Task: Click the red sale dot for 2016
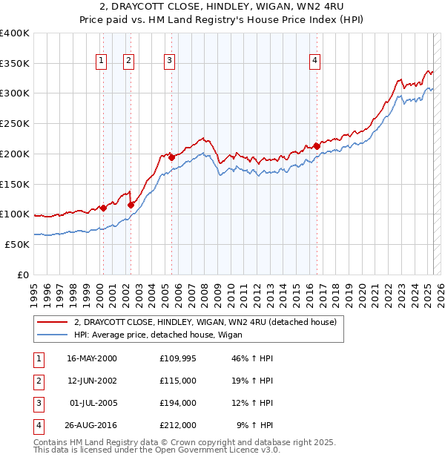coord(317,146)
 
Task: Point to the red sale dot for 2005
coord(171,157)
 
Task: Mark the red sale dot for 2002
coord(131,205)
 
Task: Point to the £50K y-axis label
coord(17,244)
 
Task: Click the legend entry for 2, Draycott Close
coord(205,323)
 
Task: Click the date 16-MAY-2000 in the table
coord(92,358)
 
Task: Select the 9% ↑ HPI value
coord(255,425)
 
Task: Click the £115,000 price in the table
coord(178,381)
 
